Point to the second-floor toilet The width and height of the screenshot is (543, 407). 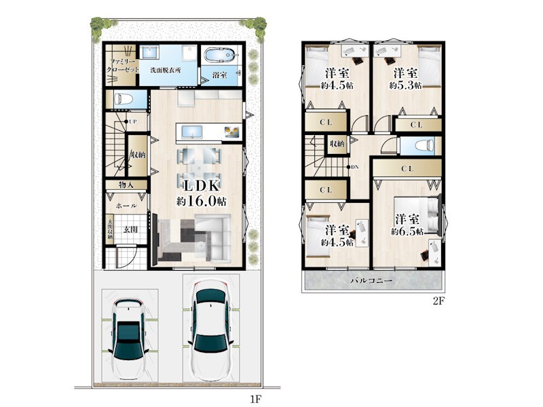(x=419, y=146)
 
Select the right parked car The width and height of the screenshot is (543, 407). (x=212, y=326)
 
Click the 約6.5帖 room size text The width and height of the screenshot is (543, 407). (x=407, y=231)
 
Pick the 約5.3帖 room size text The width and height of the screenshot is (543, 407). (x=406, y=85)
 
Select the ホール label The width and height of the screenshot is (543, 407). (x=128, y=206)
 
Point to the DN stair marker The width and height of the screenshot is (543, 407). (x=354, y=167)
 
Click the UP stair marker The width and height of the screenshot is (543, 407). (x=133, y=121)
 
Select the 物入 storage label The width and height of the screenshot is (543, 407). (x=127, y=184)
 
